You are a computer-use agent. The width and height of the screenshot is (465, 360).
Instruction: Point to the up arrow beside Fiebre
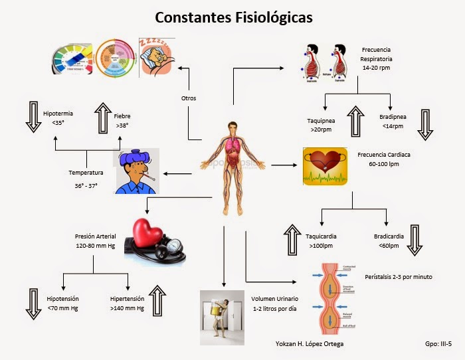103,118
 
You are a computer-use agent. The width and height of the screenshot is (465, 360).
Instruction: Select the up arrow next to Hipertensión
159,302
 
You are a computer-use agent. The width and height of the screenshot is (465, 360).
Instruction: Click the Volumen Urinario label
274,304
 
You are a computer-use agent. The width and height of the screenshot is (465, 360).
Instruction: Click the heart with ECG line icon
325,165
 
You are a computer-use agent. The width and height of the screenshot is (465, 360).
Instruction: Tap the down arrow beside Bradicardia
415,240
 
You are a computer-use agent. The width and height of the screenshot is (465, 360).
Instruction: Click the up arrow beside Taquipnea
355,122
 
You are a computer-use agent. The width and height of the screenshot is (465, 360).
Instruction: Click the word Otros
189,98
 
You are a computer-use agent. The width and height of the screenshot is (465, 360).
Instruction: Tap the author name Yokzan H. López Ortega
310,343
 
